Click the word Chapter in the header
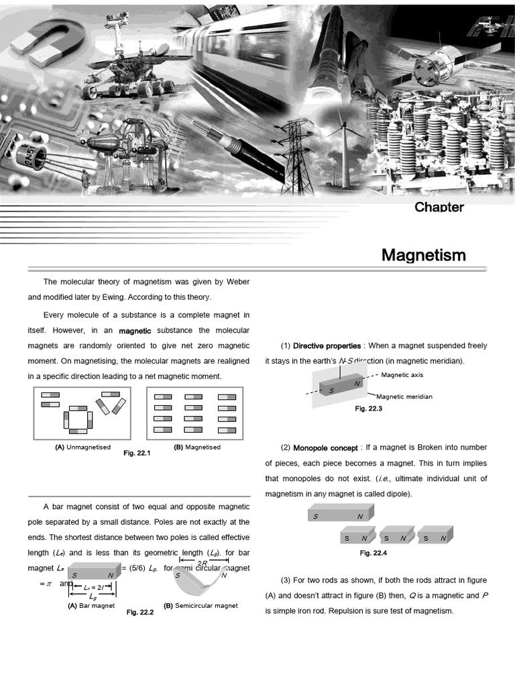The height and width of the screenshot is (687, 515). pyautogui.click(x=439, y=207)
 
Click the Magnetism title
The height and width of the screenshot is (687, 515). pyautogui.click(x=423, y=255)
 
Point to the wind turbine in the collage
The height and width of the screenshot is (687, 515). pyautogui.click(x=346, y=144)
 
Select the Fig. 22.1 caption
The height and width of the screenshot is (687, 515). pyautogui.click(x=137, y=454)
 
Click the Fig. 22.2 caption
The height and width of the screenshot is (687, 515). pyautogui.click(x=140, y=612)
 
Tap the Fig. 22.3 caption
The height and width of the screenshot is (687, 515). pyautogui.click(x=368, y=409)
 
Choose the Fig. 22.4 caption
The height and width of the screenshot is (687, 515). pyautogui.click(x=374, y=553)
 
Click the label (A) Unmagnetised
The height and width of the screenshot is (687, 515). pyautogui.click(x=83, y=447)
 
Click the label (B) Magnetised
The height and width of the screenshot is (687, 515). pyautogui.click(x=196, y=447)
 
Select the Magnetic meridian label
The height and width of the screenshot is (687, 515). pyautogui.click(x=404, y=397)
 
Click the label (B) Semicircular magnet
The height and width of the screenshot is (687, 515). pyautogui.click(x=201, y=606)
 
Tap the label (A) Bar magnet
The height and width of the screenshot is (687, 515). pyautogui.click(x=91, y=606)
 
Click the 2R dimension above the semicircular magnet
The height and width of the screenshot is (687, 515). pyautogui.click(x=202, y=563)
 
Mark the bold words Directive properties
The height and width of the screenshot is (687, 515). pyautogui.click(x=327, y=346)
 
